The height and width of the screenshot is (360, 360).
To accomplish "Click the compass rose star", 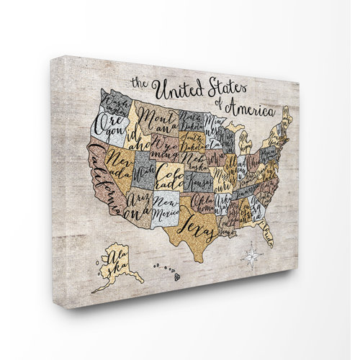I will [x=252, y=256].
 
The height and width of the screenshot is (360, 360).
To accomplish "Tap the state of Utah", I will [x=145, y=172].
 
